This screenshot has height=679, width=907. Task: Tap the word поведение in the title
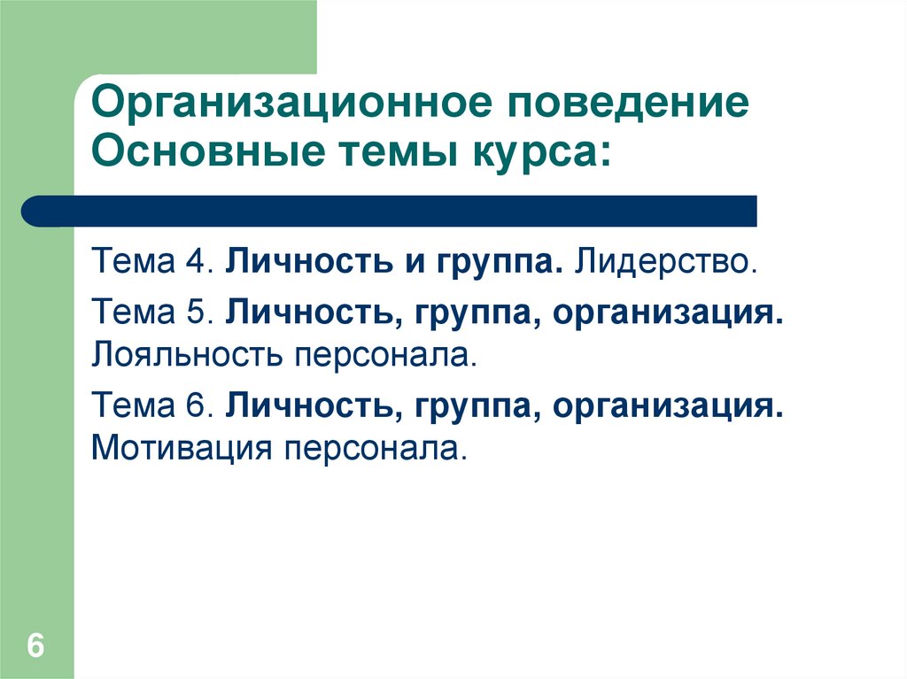click(x=628, y=104)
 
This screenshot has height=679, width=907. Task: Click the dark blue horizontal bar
click(x=390, y=212)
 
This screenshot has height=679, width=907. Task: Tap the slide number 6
click(x=35, y=645)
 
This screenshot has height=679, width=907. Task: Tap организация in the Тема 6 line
click(x=670, y=408)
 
